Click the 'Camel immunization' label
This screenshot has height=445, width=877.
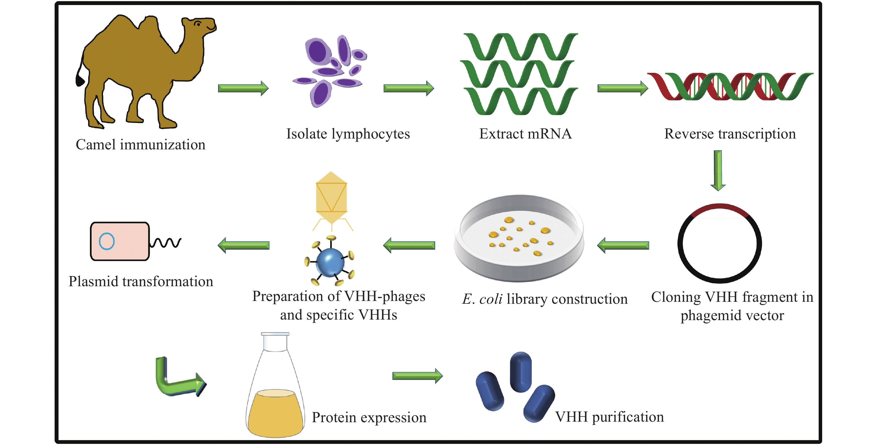[x=140, y=145]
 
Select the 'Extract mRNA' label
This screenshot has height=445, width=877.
[x=525, y=134]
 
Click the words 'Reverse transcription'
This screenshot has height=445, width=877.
[x=730, y=134]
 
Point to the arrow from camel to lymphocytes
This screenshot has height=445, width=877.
[x=243, y=88]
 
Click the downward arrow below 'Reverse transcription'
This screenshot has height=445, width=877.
[x=718, y=170]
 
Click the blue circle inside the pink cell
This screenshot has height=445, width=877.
[x=107, y=241]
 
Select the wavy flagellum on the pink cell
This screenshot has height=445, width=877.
[x=166, y=242]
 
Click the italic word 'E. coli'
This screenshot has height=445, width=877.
[x=482, y=299]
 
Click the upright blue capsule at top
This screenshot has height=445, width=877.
[x=521, y=372]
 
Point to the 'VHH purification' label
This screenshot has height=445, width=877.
[x=609, y=417]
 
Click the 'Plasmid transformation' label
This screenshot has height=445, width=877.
[x=141, y=282]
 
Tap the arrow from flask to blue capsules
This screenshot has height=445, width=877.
[x=417, y=375]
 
